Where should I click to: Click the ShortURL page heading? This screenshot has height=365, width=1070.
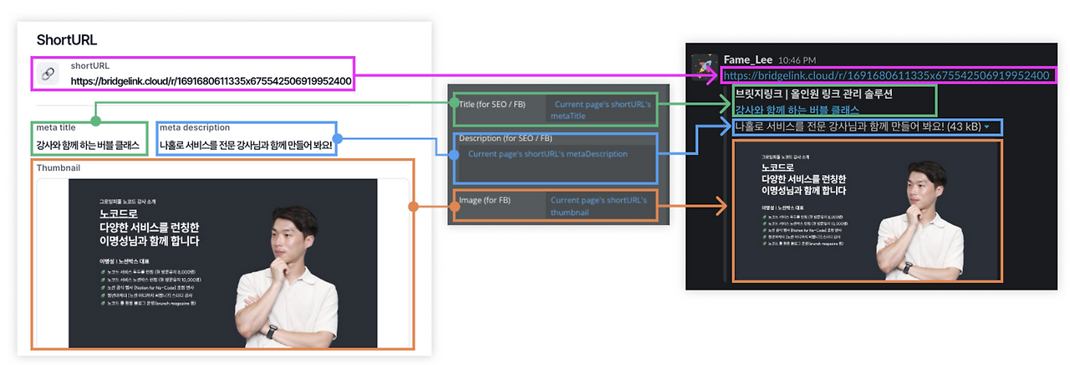tap(67, 40)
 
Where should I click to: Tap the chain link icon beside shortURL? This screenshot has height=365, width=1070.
tap(48, 75)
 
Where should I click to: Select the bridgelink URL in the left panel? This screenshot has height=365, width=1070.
tap(211, 81)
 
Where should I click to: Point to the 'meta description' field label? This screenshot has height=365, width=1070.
tap(195, 128)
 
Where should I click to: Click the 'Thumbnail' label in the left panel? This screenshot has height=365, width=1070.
tap(59, 167)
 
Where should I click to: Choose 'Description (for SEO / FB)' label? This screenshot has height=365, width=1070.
tap(505, 138)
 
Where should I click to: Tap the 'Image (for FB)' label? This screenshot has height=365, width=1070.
tap(484, 200)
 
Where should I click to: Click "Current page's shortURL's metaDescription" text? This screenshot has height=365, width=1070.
tap(548, 154)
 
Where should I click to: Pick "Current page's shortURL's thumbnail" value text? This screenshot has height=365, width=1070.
tap(598, 206)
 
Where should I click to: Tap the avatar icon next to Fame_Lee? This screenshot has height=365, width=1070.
tap(705, 65)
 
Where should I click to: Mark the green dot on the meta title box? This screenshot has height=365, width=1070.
tap(95, 121)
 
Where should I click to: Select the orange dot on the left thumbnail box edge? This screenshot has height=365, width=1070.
tap(412, 206)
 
